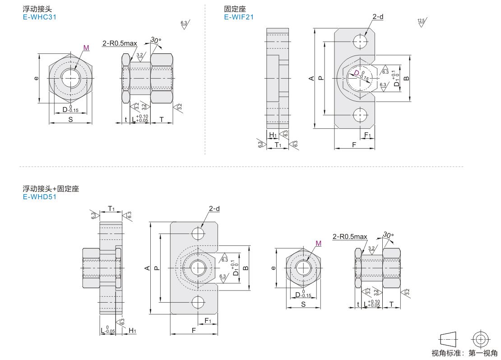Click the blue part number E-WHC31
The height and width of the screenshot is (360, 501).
[x=39, y=17]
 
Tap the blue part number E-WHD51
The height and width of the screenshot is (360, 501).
[x=39, y=196]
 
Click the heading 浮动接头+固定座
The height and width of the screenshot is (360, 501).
[x=51, y=189]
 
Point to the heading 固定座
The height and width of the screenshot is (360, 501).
[x=234, y=9]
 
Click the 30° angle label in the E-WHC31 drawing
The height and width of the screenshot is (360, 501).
[x=156, y=40]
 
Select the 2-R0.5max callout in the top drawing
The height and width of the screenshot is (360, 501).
[x=120, y=43]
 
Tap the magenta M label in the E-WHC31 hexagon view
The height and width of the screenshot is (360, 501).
[x=86, y=48]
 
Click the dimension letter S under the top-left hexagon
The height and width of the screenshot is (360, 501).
[x=70, y=119]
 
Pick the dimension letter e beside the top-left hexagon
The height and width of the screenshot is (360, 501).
[x=36, y=78]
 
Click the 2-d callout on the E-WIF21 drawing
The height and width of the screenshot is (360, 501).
[x=377, y=17]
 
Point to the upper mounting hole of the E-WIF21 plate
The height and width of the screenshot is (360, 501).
[x=360, y=41]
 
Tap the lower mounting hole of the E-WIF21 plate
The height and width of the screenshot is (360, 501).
[x=360, y=115]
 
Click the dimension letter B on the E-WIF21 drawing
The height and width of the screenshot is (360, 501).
[x=407, y=78]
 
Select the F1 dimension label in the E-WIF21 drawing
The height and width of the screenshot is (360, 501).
[x=367, y=136]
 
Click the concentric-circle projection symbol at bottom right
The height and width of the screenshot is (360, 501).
[x=481, y=339]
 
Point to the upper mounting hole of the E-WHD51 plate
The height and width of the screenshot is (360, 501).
[x=198, y=233]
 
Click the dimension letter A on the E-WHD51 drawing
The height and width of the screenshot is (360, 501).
[x=147, y=268]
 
